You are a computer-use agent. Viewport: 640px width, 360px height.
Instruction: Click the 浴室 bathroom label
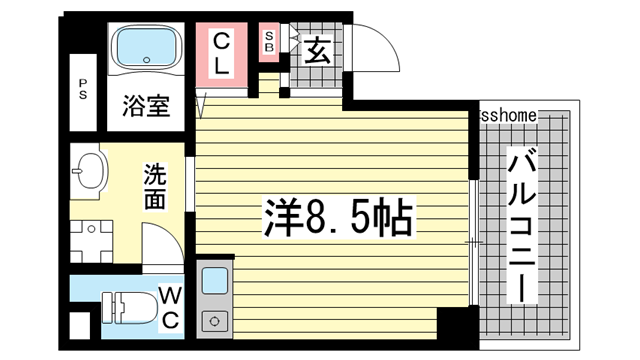pos(146,105)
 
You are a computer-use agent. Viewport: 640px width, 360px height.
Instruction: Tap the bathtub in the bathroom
pos(144,48)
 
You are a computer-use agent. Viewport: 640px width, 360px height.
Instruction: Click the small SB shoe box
pos(269,42)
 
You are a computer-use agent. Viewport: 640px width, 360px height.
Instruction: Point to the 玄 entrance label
pos(318,49)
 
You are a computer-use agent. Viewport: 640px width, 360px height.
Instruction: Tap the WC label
pos(169,307)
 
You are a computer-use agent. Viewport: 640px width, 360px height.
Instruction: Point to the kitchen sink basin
pos(215,282)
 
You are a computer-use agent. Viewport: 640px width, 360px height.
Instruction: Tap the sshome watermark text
pos(510,116)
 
